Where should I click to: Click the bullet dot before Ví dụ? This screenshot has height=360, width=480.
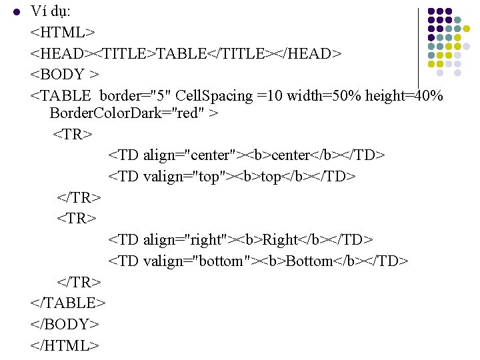tap(17, 12)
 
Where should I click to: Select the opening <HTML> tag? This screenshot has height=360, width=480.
tap(63, 32)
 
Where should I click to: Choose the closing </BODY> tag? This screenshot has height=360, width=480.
tap(65, 324)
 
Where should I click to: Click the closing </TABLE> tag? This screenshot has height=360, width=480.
tap(68, 303)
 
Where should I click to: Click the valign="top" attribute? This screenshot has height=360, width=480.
tap(185, 177)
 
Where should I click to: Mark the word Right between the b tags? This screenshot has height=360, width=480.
tap(281, 239)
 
